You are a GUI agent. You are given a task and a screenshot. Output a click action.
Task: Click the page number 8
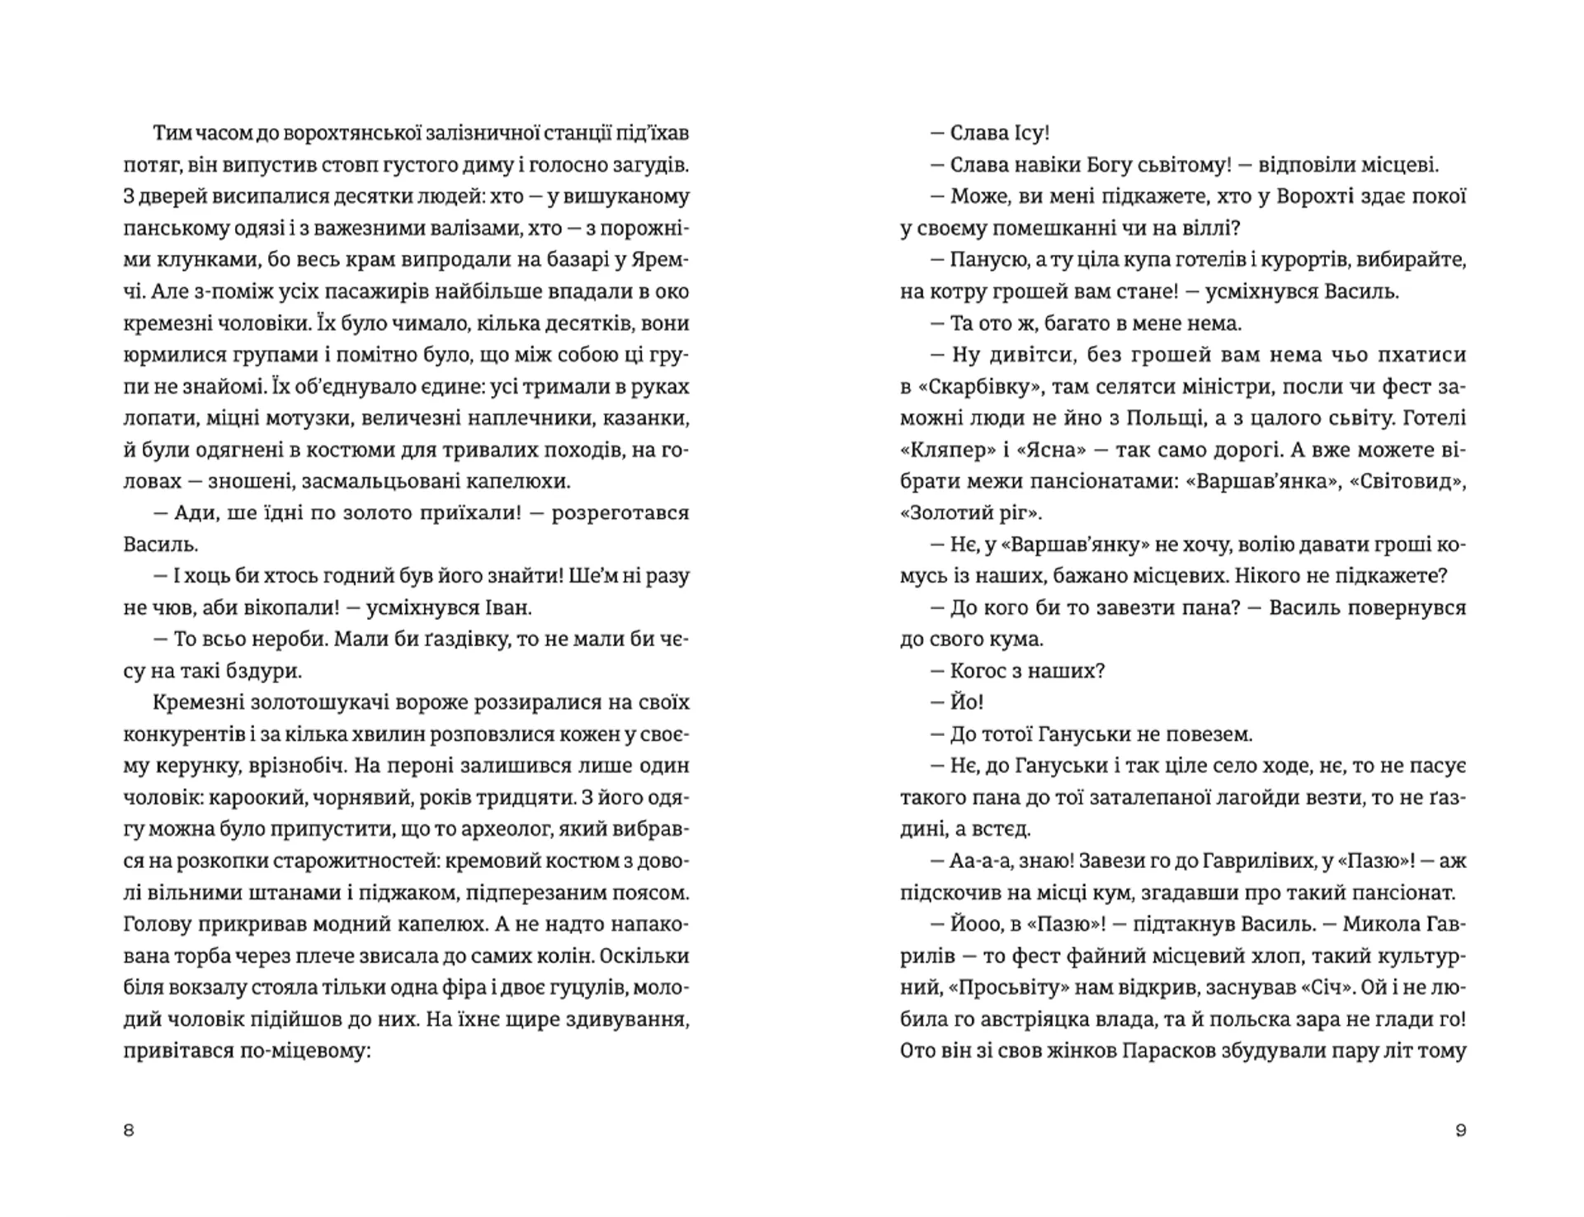coord(129,1130)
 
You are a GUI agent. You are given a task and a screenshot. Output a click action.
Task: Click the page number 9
coord(1461,1130)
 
